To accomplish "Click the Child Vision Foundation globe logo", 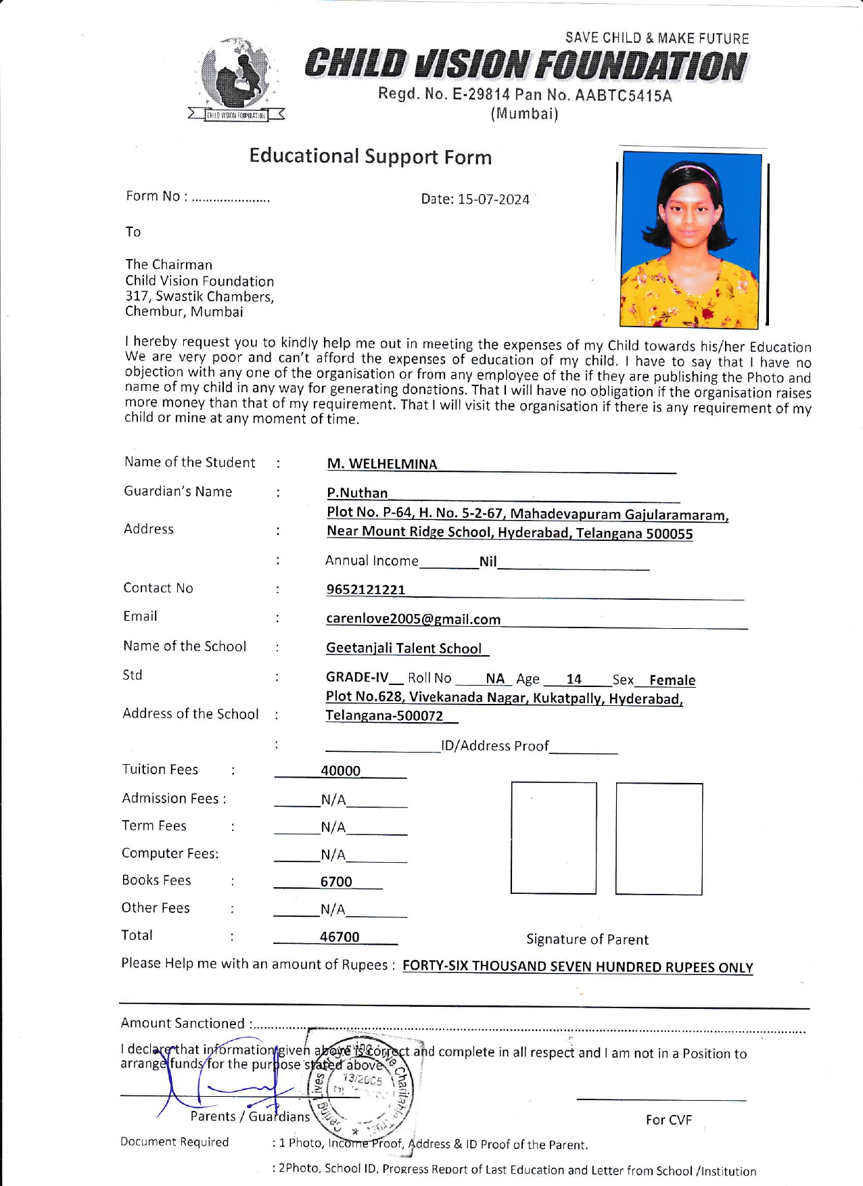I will click(236, 78).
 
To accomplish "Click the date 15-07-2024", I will click(493, 199).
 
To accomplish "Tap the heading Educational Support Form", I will click(370, 157).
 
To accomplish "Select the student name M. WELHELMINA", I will click(382, 464).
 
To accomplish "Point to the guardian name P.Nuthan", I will click(357, 493).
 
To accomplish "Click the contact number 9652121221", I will click(366, 590).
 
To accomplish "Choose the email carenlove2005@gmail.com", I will click(413, 619).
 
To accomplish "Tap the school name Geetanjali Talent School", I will click(404, 648).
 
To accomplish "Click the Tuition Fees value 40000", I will click(340, 771).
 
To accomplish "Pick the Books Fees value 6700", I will click(336, 882).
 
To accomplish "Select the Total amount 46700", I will click(340, 936).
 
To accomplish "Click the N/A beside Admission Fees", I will click(333, 800).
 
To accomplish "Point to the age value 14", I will click(574, 679).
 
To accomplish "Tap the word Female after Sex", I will click(672, 680).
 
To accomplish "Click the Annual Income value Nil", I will click(488, 561).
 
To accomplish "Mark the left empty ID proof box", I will click(554, 838).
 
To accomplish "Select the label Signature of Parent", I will click(587, 939).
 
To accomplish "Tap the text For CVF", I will click(668, 1120).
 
